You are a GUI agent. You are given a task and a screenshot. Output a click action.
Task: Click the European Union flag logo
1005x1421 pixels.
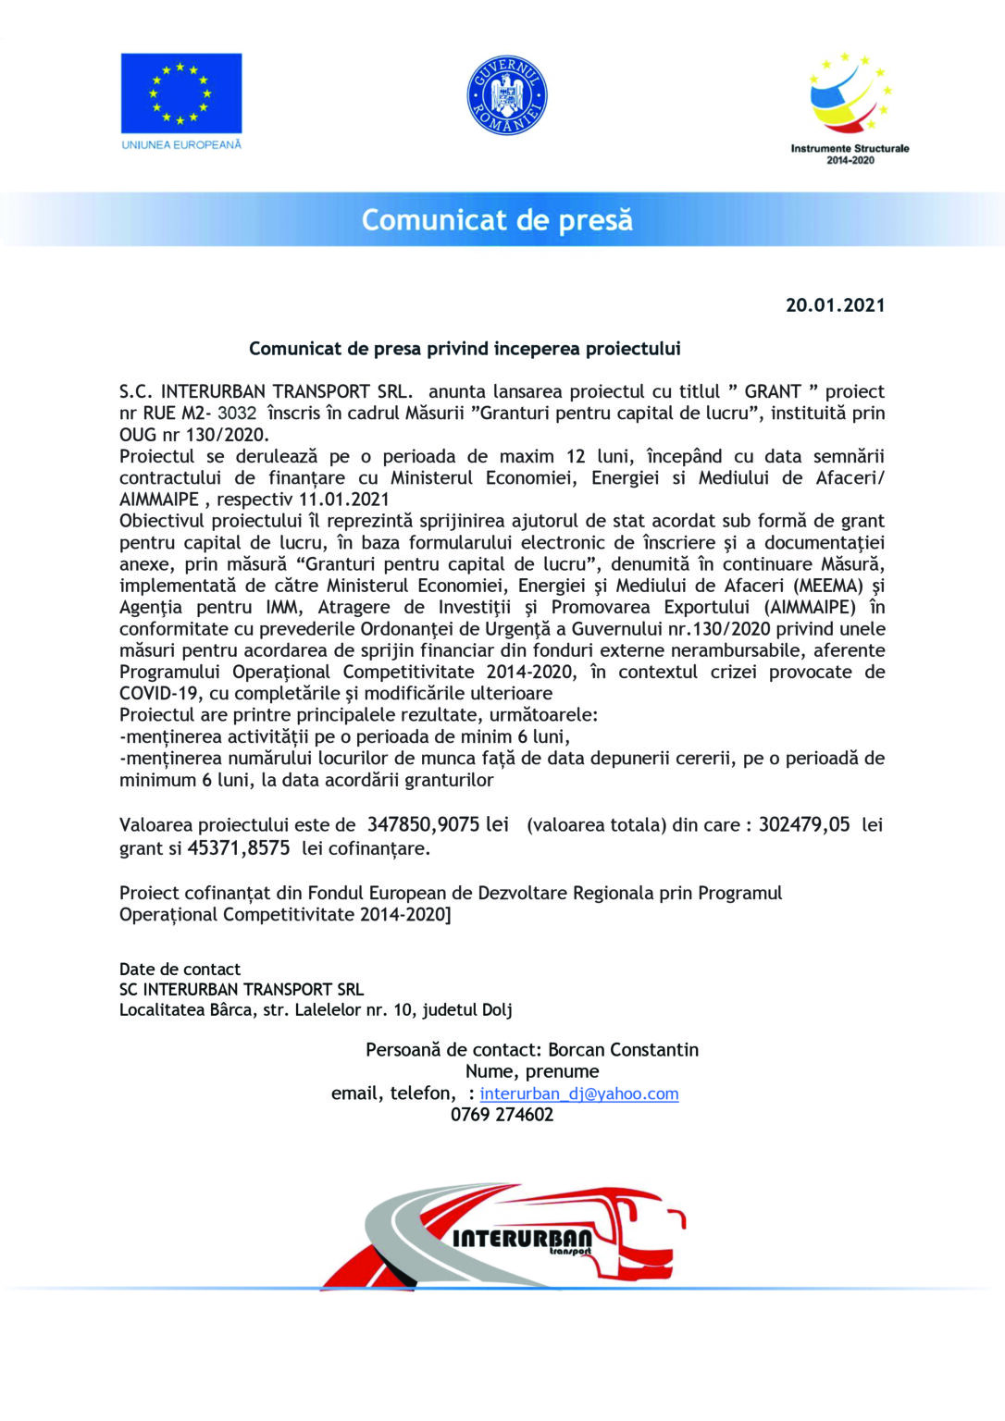tap(180, 93)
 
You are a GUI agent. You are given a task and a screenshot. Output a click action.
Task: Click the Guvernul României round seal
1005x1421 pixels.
tap(506, 95)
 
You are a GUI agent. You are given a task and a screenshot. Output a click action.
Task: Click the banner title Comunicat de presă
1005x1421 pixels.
tap(497, 220)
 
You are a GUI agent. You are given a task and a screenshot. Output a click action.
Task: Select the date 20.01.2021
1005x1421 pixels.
tap(835, 305)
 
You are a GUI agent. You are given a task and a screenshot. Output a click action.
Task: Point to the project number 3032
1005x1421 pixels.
tap(237, 414)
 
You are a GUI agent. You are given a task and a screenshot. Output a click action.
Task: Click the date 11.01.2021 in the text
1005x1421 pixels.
tap(343, 500)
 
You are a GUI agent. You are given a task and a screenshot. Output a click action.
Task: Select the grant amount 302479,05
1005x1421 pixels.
tap(803, 824)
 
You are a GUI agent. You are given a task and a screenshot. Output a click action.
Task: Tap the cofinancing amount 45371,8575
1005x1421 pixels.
tap(238, 847)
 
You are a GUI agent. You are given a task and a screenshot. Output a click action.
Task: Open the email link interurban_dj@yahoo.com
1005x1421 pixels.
tap(578, 1094)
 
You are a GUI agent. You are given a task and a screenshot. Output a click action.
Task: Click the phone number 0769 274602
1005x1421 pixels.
tap(502, 1115)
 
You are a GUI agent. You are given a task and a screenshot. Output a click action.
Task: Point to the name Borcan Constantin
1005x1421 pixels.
tap(623, 1050)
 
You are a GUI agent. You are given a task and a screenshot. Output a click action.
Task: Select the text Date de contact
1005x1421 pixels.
tap(180, 970)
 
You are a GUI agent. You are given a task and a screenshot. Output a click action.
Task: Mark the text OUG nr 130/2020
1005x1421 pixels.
tap(193, 435)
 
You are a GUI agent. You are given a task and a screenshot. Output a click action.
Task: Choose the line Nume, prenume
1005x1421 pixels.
tap(532, 1071)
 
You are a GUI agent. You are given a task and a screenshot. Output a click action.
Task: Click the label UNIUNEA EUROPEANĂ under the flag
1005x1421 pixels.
tap(181, 145)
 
